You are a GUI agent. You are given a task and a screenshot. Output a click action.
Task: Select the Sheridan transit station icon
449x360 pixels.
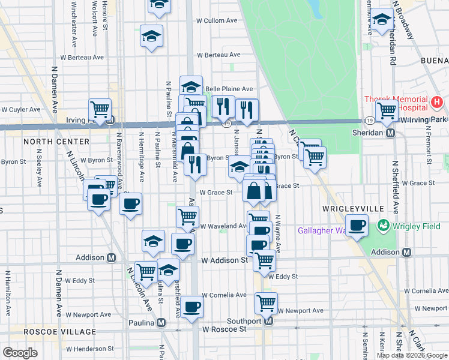click(x=390, y=133)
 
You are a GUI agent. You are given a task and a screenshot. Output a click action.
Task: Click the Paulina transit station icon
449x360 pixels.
click(x=161, y=322)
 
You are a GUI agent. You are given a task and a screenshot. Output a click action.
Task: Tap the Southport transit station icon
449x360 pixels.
click(x=268, y=321)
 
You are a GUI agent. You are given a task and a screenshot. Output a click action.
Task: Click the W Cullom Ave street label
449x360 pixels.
click(x=217, y=20)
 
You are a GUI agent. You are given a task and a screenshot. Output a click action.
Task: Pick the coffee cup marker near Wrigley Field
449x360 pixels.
click(x=358, y=226)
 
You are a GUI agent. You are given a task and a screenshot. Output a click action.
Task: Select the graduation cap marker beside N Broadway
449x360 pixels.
click(x=382, y=19)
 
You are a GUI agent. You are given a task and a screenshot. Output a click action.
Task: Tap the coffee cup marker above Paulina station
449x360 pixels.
click(x=192, y=307)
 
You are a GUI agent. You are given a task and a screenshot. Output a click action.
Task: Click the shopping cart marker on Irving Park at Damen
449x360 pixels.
click(x=100, y=110)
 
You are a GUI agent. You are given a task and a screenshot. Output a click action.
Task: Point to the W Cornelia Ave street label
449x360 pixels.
click(x=224, y=295)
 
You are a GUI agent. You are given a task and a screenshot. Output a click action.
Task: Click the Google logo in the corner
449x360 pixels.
click(x=20, y=353)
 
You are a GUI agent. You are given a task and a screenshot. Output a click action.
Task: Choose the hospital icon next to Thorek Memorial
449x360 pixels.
click(x=437, y=103)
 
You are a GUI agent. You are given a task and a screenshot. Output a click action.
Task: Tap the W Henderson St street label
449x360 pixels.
click(x=89, y=349)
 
